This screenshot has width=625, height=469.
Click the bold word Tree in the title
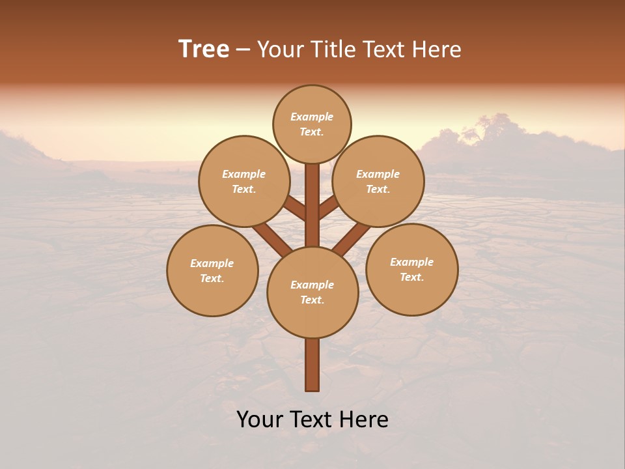click(x=204, y=50)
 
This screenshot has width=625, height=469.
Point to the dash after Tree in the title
click(x=243, y=50)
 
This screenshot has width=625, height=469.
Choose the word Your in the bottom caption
click(x=260, y=419)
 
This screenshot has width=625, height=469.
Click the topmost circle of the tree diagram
click(x=312, y=124)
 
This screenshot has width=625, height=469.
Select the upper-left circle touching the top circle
click(x=244, y=181)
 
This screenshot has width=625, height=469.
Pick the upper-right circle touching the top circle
click(x=378, y=181)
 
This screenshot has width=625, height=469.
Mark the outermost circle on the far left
click(x=212, y=270)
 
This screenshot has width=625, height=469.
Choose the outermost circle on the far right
click(x=412, y=269)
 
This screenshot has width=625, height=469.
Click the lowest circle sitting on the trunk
click(x=312, y=292)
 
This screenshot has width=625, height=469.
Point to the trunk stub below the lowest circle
click(x=312, y=365)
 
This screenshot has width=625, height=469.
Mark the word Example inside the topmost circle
click(x=312, y=117)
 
